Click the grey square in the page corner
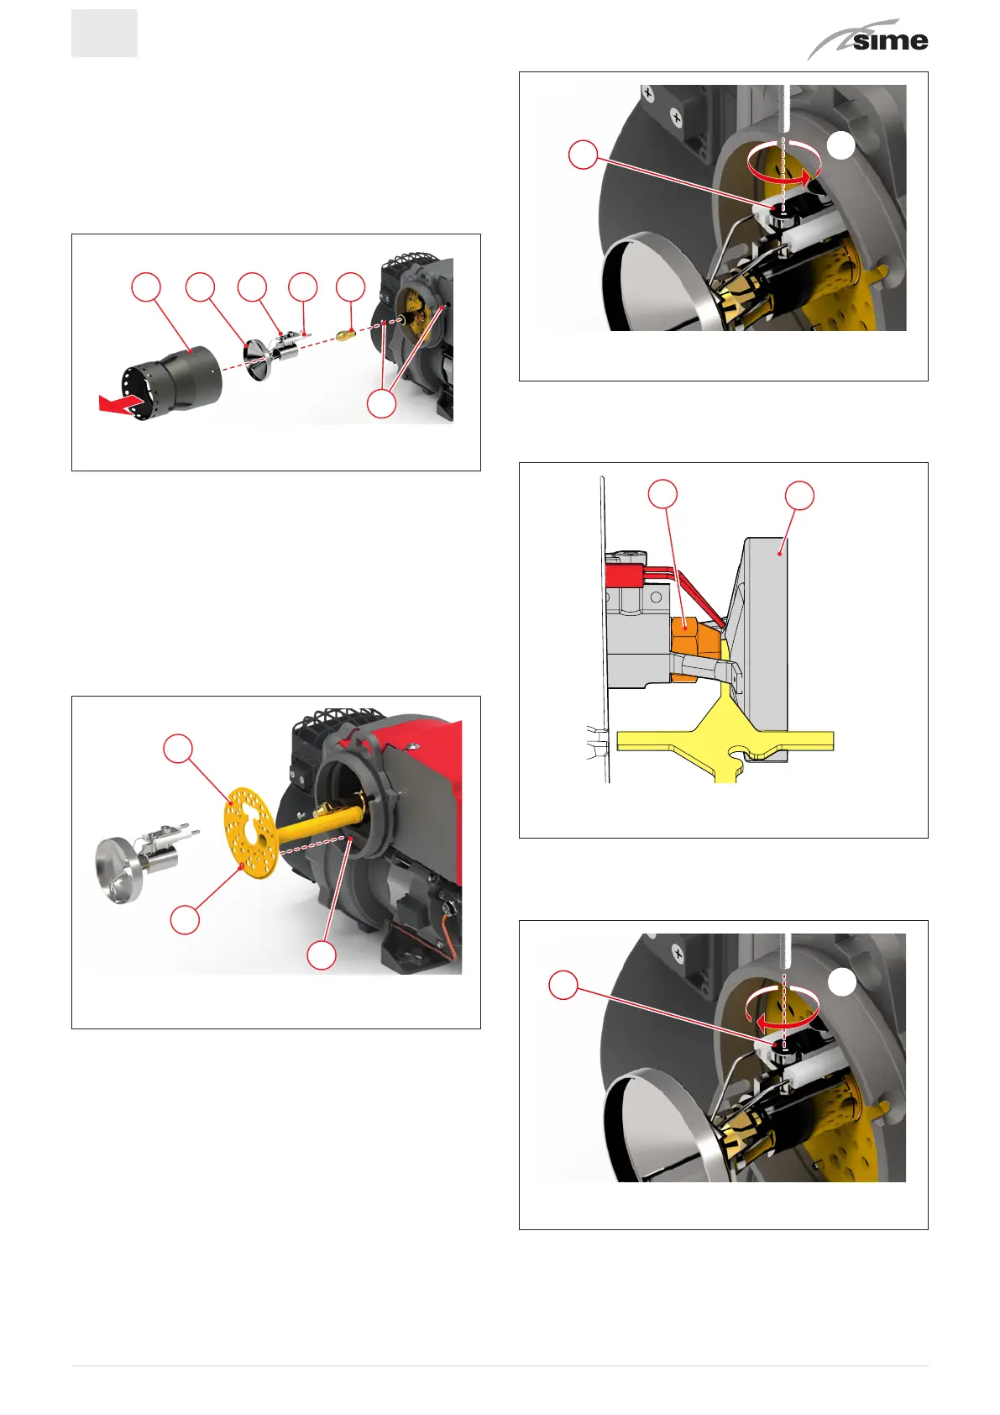[104, 34]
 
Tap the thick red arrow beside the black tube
[120, 403]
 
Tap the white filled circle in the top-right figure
[841, 146]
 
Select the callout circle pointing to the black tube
[146, 287]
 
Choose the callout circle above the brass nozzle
[350, 287]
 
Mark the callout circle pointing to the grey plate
[800, 495]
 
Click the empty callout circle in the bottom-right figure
[563, 985]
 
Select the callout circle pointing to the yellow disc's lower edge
[185, 920]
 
